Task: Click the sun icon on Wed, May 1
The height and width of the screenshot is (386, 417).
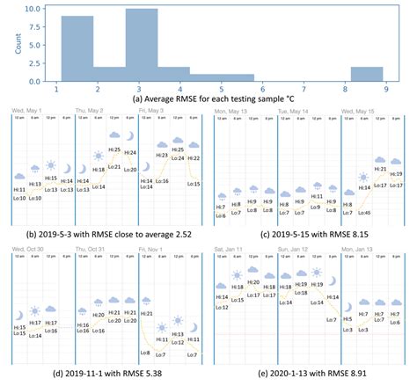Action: tap(51, 167)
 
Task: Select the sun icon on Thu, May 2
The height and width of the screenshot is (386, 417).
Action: tap(96, 168)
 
